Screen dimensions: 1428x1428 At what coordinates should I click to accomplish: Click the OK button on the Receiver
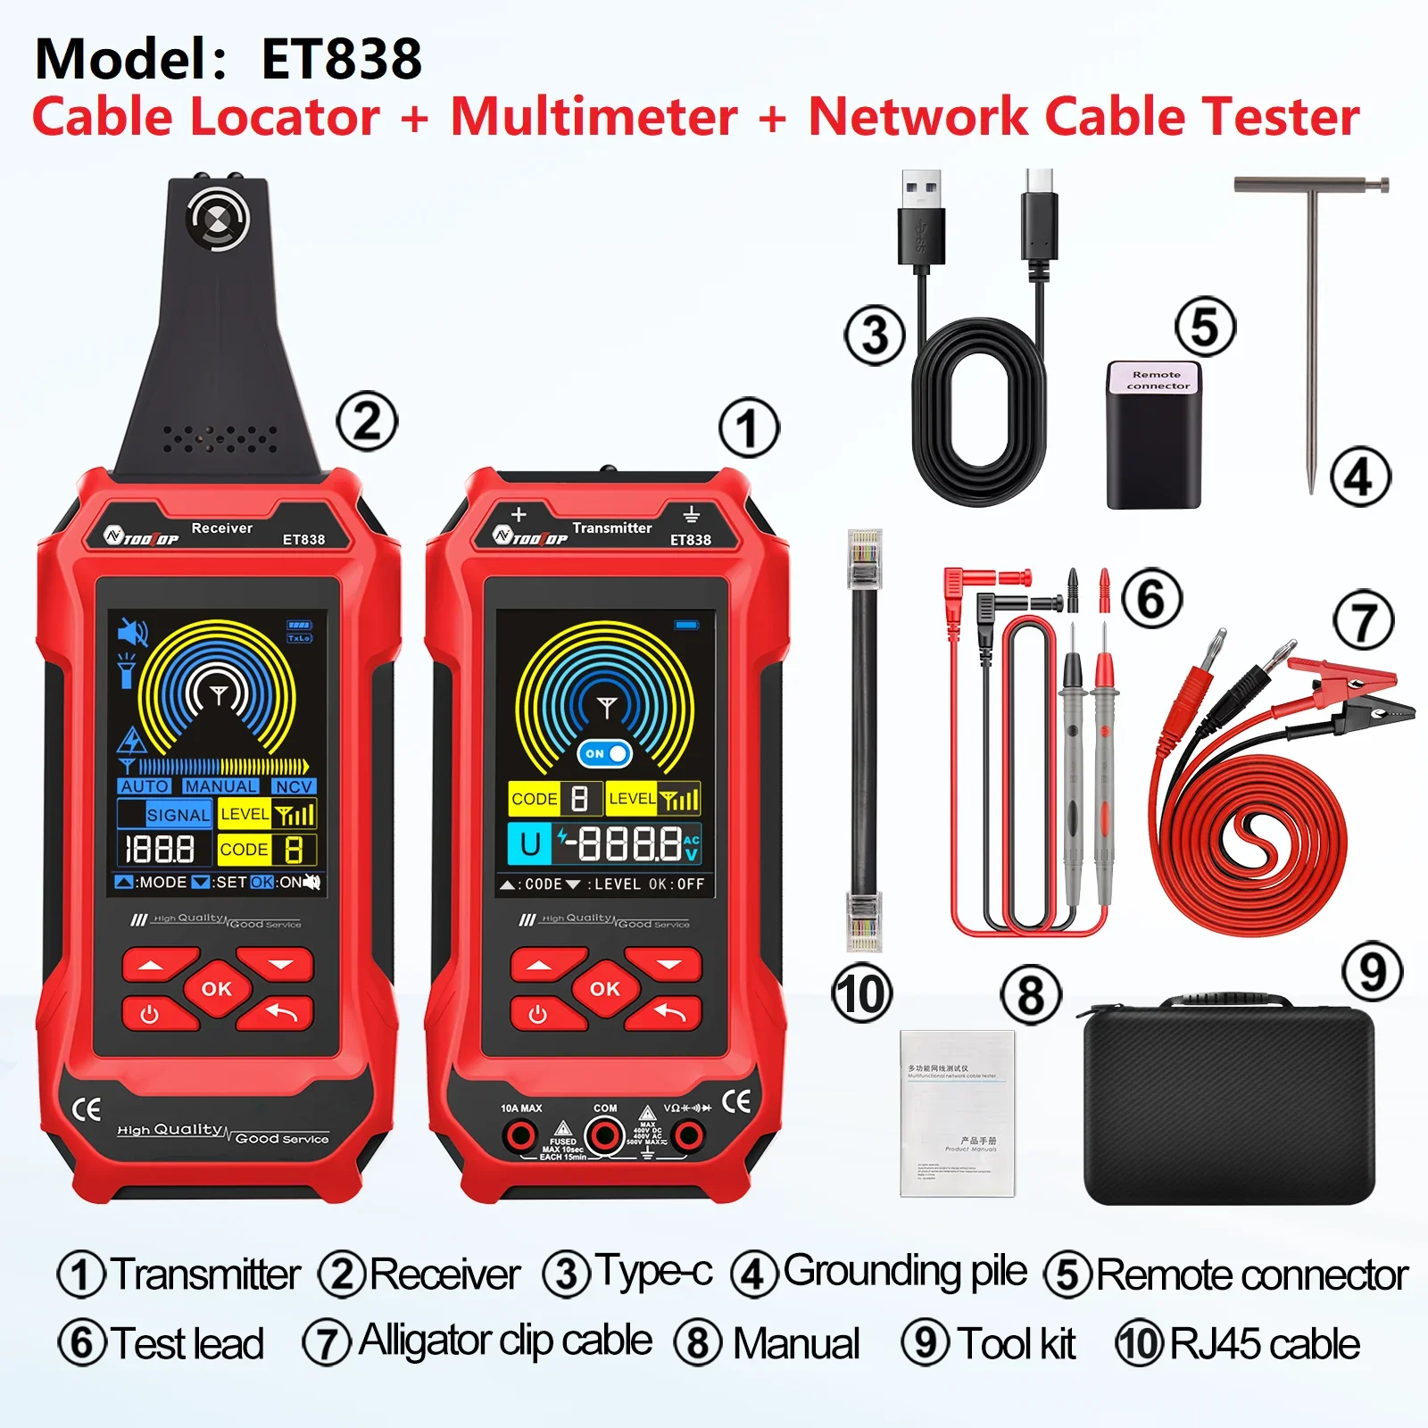216,988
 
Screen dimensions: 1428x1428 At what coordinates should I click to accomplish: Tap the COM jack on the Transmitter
604,1136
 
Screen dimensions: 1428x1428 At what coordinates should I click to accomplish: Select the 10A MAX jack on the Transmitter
519,1136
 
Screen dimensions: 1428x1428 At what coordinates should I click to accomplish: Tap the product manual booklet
958,1113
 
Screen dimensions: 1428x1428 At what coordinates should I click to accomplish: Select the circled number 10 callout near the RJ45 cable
862,993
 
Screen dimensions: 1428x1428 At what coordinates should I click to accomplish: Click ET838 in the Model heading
341,59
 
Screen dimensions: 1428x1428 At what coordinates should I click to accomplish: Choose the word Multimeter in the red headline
594,117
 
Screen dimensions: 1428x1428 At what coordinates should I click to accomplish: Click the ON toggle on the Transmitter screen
604,753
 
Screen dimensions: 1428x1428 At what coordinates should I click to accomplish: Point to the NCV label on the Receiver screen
293,786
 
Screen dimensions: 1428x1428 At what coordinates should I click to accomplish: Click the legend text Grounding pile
904,1271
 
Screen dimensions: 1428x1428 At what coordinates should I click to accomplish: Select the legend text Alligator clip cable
505,1341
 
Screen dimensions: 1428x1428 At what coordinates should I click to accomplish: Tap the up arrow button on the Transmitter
540,965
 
